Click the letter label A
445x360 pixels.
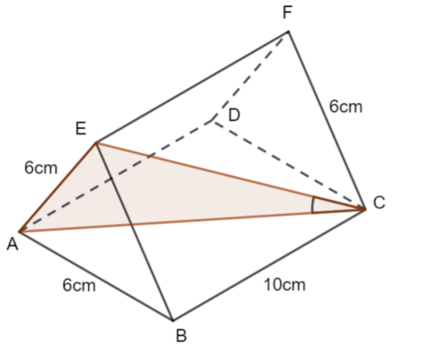12,245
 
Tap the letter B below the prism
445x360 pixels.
181,336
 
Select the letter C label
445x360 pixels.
379,203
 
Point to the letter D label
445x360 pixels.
234,115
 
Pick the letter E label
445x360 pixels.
81,129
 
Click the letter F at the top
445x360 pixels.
288,12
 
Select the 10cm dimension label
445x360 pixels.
284,285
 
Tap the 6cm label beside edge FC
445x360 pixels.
346,107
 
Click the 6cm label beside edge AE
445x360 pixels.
41,168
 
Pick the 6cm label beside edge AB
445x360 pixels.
79,285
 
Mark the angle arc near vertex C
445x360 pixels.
312,205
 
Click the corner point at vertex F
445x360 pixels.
289,31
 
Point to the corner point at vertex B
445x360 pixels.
173,320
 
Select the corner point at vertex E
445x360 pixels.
96,143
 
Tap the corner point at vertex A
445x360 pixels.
20,231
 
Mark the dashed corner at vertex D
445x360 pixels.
211,120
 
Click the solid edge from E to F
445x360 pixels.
192,87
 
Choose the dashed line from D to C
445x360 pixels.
289,164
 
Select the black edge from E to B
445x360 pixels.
134,232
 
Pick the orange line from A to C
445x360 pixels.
193,220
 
